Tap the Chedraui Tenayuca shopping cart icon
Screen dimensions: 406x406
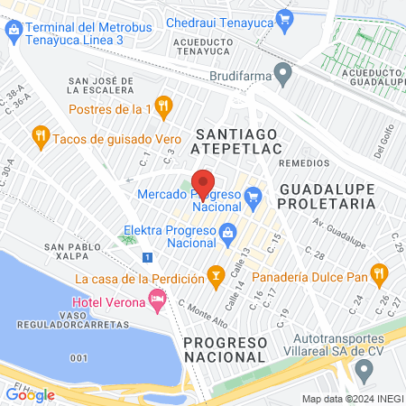(x=286, y=18)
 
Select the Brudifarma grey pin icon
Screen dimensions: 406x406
(x=283, y=70)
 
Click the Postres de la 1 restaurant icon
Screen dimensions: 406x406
(x=162, y=107)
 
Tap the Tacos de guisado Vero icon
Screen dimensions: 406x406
(x=40, y=136)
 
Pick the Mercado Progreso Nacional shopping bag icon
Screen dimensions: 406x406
(x=254, y=195)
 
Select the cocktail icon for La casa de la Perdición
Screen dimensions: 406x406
(x=216, y=272)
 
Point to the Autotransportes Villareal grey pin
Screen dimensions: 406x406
(x=364, y=368)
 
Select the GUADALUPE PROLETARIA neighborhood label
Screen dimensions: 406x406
(x=327, y=197)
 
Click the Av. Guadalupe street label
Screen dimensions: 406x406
(x=340, y=233)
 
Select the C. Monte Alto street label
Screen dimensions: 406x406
(x=203, y=312)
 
